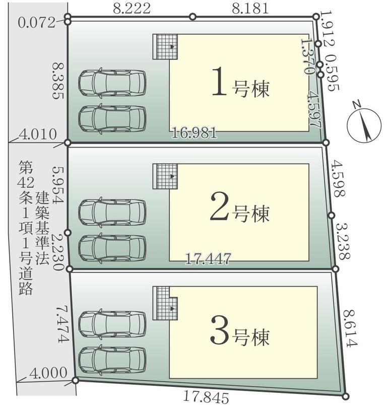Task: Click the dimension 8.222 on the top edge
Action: click(x=132, y=9)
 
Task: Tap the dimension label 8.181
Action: click(x=250, y=9)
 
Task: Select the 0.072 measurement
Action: click(x=37, y=23)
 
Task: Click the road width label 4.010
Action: click(x=38, y=134)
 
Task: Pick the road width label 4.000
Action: click(x=48, y=373)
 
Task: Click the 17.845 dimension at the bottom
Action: click(x=206, y=397)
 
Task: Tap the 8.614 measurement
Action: click(x=351, y=328)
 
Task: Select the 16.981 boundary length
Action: click(x=195, y=133)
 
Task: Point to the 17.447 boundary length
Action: click(x=208, y=258)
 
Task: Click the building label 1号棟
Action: click(x=240, y=82)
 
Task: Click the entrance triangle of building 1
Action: click(x=172, y=47)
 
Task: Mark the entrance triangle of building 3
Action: click(x=172, y=308)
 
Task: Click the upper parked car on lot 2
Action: click(x=112, y=212)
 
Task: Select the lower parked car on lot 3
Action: click(x=112, y=360)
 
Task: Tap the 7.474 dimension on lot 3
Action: click(x=62, y=324)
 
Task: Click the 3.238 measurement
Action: click(x=343, y=241)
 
